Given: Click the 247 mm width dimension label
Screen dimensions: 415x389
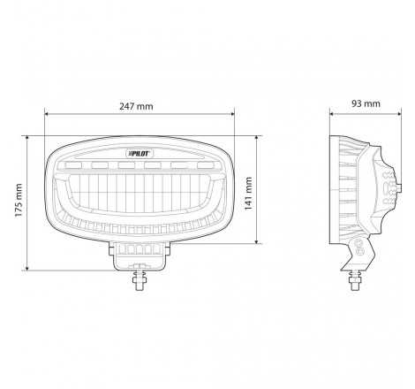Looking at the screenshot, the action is (x=136, y=106).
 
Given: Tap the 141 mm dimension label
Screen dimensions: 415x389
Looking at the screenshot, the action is (x=248, y=194).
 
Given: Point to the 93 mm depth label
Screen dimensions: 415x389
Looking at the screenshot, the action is (x=366, y=103).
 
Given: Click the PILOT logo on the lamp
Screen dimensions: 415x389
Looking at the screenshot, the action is (x=140, y=153).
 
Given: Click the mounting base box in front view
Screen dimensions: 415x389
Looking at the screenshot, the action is (x=140, y=255).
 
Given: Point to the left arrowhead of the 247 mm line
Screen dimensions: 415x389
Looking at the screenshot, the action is (x=46, y=114).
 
